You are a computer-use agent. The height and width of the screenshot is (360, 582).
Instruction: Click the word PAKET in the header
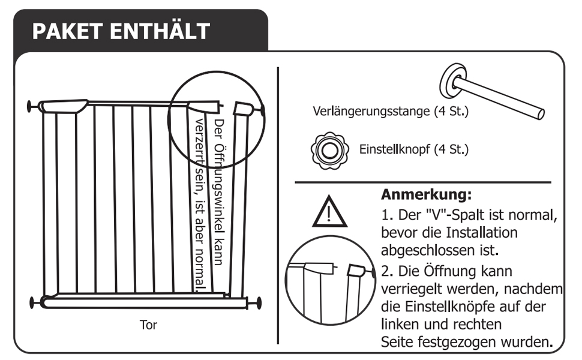click(67, 31)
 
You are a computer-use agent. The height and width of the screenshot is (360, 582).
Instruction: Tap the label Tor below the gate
click(148, 325)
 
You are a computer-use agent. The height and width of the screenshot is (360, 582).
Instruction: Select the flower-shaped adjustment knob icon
click(329, 151)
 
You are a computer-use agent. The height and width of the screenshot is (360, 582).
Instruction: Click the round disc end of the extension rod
click(452, 80)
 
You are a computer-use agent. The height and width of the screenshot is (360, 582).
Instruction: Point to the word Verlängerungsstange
click(371, 112)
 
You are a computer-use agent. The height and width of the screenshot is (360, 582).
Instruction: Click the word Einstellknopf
click(395, 149)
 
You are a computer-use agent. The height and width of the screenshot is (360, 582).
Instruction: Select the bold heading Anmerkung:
click(427, 194)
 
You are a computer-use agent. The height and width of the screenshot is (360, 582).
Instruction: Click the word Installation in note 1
click(481, 233)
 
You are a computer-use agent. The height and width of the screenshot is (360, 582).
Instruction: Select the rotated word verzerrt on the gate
click(199, 143)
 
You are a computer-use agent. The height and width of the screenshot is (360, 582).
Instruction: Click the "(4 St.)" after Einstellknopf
click(451, 149)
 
